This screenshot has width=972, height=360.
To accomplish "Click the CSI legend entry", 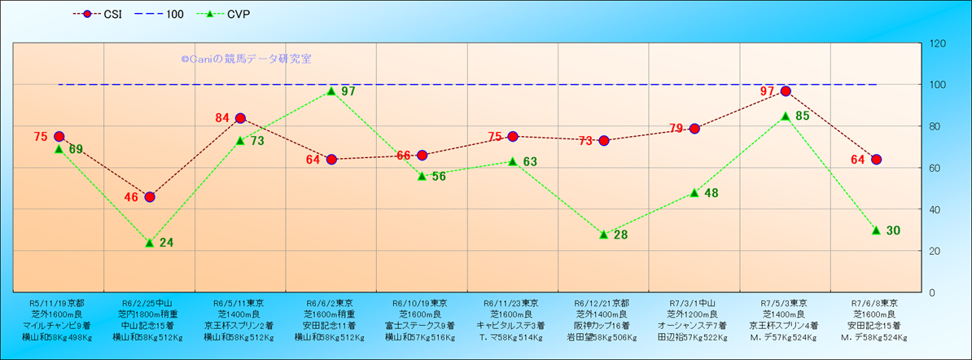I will click(102, 15).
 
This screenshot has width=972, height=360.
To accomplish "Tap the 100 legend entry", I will click(163, 15).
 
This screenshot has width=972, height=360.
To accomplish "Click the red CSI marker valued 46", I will click(150, 197).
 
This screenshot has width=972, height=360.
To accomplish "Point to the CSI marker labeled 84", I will click(240, 118).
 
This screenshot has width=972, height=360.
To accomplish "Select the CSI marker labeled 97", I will click(786, 91).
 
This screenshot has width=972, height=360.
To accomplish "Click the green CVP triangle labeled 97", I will click(331, 91).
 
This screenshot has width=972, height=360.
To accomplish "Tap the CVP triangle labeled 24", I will click(150, 243).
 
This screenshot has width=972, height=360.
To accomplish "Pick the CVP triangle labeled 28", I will click(604, 235).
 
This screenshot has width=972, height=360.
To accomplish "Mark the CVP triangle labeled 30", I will click(876, 230).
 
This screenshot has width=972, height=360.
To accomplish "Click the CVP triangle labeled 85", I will click(786, 116).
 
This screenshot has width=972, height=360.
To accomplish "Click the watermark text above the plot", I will click(246, 59).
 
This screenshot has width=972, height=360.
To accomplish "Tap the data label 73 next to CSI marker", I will click(586, 142).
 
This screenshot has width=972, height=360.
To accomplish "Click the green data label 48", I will click(711, 194).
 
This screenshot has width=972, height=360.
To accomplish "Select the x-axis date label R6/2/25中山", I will click(148, 302).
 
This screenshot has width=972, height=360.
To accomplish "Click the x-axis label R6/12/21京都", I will click(602, 302).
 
